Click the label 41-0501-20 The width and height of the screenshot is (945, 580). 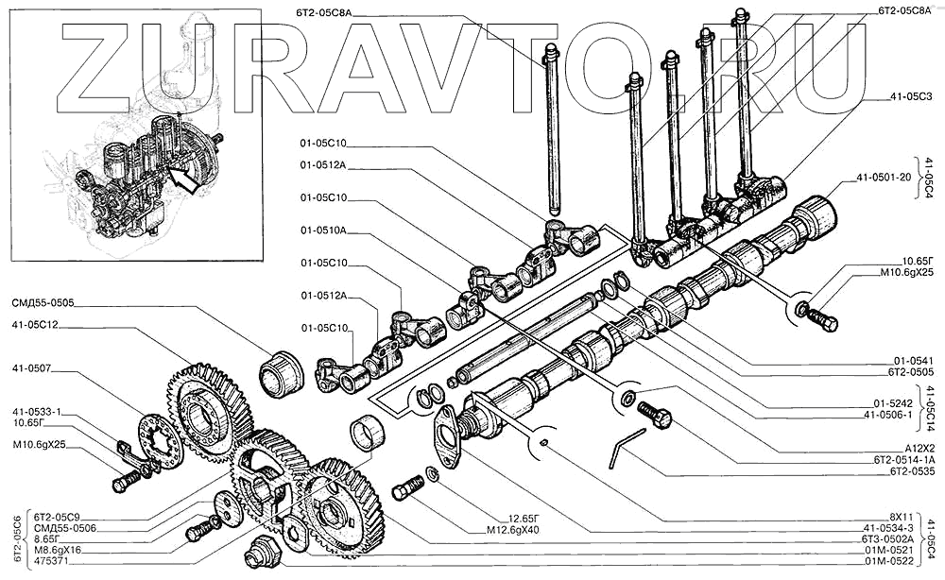[x=884, y=177]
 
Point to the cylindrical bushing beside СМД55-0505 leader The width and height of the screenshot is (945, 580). [x=281, y=373]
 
